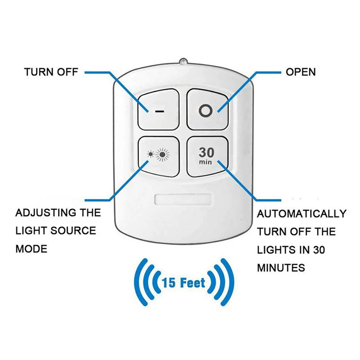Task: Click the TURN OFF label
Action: coord(51,72)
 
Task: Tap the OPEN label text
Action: coord(301,72)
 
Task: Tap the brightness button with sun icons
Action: coord(158,156)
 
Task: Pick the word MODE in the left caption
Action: coord(31,249)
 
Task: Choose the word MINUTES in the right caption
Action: coord(281,267)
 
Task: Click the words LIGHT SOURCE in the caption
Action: coord(56,230)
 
